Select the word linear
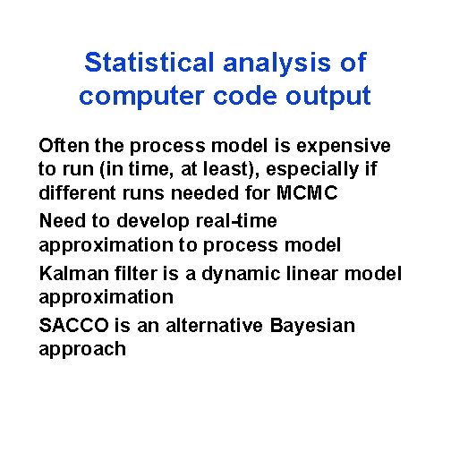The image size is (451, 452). coord(305,273)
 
